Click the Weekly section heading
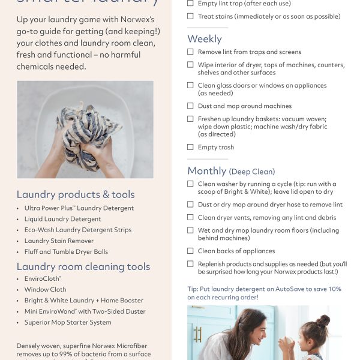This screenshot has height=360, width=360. (x=205, y=39)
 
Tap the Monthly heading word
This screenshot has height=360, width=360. (x=207, y=171)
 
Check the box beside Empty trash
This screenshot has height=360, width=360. (x=191, y=147)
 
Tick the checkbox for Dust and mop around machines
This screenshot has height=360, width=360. (x=191, y=106)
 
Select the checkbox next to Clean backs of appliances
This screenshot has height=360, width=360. (x=191, y=251)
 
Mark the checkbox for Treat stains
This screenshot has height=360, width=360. (x=191, y=16)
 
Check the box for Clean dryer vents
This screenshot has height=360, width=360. (x=191, y=218)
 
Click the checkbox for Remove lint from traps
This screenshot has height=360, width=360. (x=191, y=52)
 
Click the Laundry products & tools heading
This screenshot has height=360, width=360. (x=76, y=194)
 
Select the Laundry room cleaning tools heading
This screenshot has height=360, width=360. (x=83, y=266)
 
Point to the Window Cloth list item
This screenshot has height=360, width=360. (x=46, y=290)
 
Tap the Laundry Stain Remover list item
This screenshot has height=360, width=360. (x=59, y=241)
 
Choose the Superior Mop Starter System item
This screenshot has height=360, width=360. (x=68, y=322)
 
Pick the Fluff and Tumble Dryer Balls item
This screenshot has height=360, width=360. (x=66, y=251)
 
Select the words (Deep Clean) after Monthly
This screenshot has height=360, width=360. (x=252, y=172)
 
